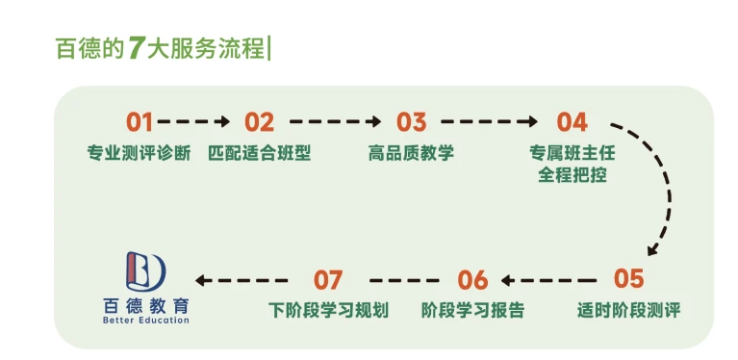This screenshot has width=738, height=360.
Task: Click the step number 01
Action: (140, 122)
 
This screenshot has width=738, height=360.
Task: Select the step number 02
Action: (259, 122)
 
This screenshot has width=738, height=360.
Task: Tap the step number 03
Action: (411, 122)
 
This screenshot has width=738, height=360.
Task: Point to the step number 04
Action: (572, 122)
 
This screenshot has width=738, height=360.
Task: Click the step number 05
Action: (628, 279)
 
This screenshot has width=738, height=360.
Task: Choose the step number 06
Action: (472, 280)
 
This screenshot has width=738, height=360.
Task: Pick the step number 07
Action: (328, 280)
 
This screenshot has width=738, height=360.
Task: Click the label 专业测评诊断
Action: (140, 153)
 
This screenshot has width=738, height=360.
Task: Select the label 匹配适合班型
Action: (259, 153)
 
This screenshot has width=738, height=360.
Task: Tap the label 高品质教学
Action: (411, 153)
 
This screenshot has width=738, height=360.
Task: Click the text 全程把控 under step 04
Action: (572, 176)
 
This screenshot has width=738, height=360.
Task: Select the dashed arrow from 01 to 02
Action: (194, 122)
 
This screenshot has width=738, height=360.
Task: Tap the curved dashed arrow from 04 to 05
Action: (664, 193)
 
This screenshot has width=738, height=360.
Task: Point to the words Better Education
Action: (145, 321)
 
